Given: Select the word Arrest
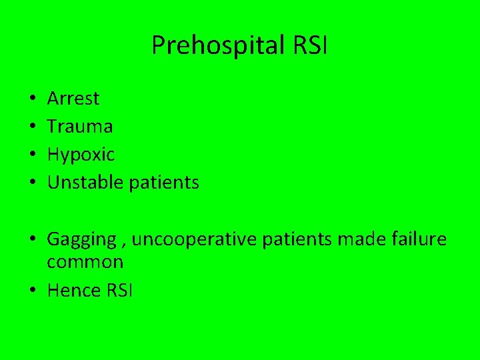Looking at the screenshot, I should coord(73,99).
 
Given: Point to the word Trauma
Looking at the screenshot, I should coord(80,126).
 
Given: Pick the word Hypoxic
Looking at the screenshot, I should coord(81,155).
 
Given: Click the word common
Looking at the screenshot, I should coord(85,262).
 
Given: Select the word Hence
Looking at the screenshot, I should coord(71,290).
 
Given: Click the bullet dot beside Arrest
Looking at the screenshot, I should coord(32,99).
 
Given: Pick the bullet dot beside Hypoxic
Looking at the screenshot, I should coord(32,155).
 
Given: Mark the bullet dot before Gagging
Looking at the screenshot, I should coord(32,240).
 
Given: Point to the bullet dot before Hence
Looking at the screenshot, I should coord(32,291).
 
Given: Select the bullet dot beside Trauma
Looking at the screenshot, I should coord(32,127).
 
